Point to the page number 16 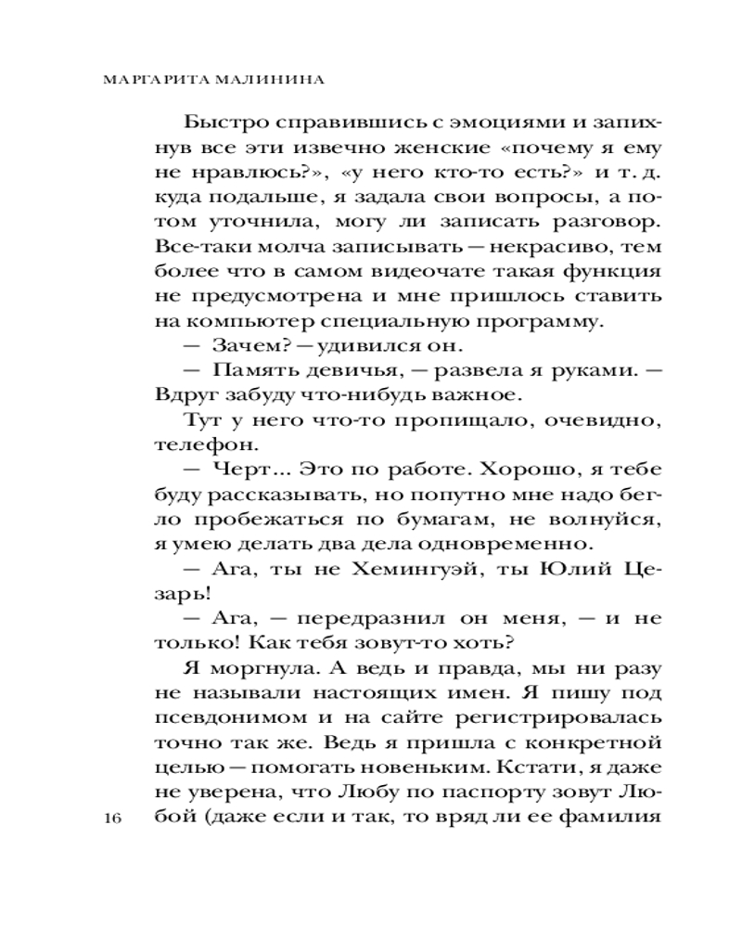[114, 818]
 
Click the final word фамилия [615, 818]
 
